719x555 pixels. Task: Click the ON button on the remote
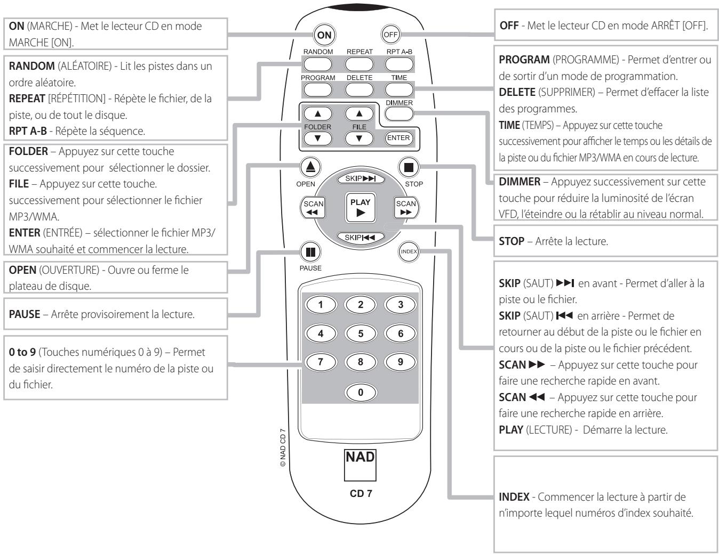[x=324, y=36]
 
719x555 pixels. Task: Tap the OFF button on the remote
[x=390, y=36]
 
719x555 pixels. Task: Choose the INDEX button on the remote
[x=409, y=251]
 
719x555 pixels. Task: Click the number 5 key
[x=360, y=334]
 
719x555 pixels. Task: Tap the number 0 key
[x=360, y=393]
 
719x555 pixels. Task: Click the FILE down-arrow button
[x=358, y=139]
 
